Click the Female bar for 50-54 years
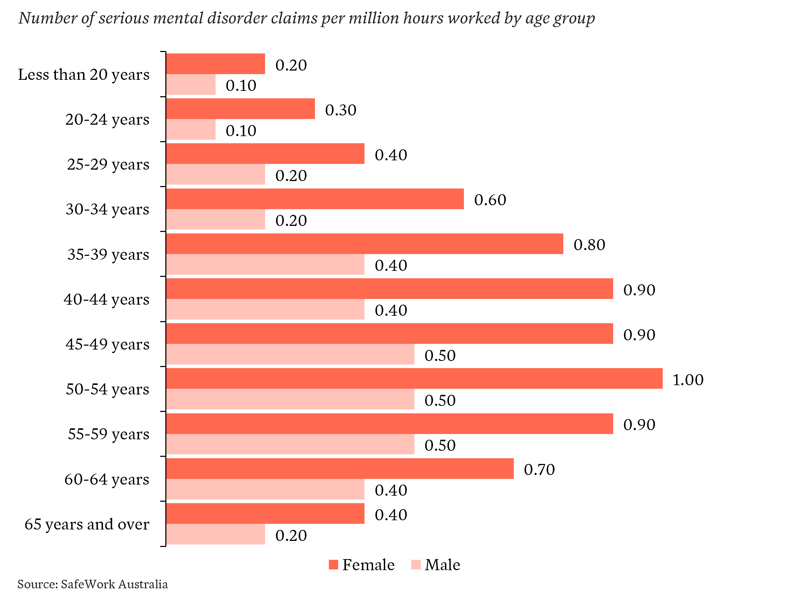[414, 378]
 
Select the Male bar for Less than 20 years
[191, 84]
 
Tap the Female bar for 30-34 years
[315, 198]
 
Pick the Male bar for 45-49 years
[290, 354]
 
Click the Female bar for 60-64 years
[340, 469]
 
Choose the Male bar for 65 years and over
[216, 534]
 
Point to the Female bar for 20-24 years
[241, 109]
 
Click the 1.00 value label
[688, 379]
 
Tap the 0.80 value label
[590, 244]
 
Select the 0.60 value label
[490, 200]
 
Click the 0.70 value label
[539, 469]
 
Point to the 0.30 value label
[341, 110]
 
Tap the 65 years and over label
[87, 525]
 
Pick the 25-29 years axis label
[108, 165]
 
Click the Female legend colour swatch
[333, 565]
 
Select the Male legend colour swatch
[416, 565]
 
